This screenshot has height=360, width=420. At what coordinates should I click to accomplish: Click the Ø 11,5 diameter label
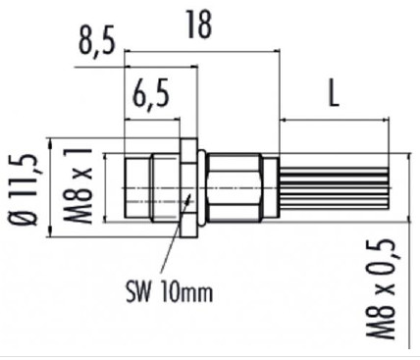tap(23, 186)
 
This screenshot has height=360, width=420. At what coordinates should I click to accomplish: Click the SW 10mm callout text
tap(168, 291)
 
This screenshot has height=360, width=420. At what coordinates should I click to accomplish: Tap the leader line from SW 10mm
tap(173, 240)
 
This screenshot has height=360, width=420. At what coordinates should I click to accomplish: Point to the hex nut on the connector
tap(187, 186)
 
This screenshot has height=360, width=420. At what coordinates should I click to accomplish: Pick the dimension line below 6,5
tap(152, 120)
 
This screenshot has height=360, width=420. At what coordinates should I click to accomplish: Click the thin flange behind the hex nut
tap(200, 186)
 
